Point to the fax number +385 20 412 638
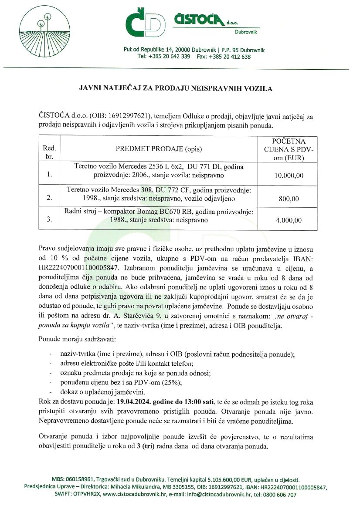point(230,57)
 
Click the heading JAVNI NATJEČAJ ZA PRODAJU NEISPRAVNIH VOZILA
point(176,88)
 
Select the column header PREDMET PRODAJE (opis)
point(159,148)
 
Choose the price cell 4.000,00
point(289,220)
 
